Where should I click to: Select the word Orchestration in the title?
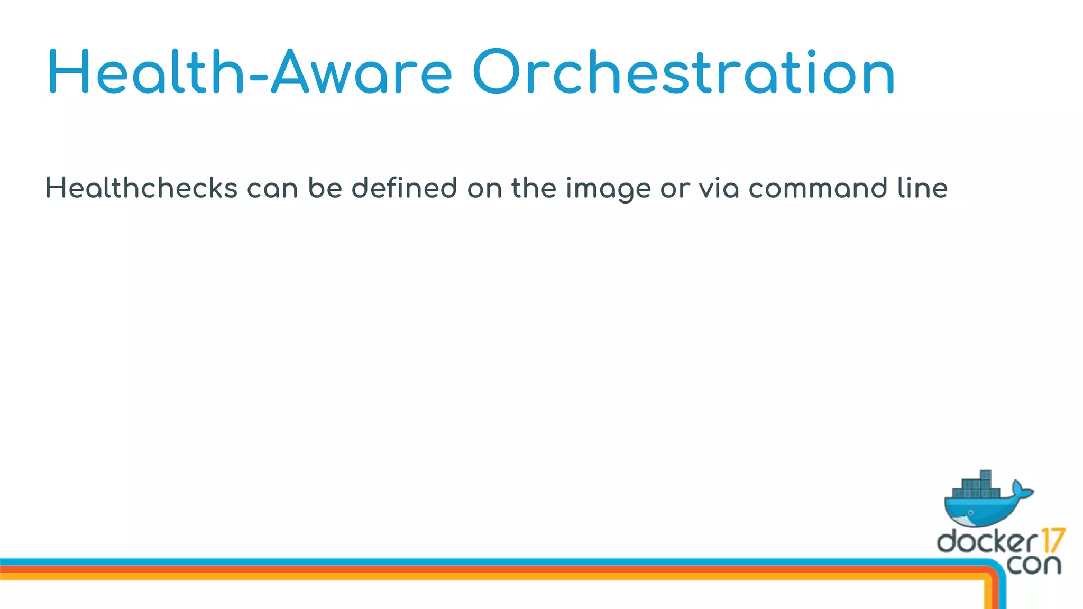coord(683,72)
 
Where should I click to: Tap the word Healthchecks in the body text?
coord(141,188)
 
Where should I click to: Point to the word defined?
coord(404,188)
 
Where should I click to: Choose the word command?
coord(818,188)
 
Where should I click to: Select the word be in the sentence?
coord(325,188)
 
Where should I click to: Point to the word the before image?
coord(534,188)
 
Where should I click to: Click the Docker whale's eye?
coord(970,512)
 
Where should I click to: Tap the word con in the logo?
coord(1034,565)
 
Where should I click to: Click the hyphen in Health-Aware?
coord(258,79)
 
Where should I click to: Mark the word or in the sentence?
coord(675,189)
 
